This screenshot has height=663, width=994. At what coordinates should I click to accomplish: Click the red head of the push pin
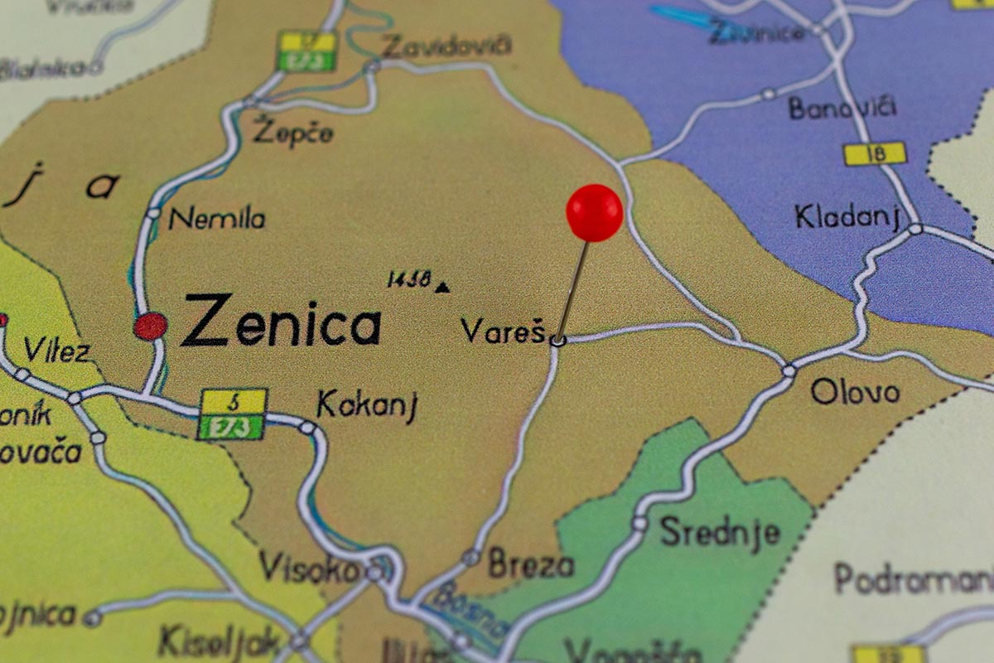tap(594, 212)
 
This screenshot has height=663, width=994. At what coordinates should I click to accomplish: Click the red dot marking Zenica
tap(150, 326)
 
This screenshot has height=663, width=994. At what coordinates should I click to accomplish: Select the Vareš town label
tap(503, 331)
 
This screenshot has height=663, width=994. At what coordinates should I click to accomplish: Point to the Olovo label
tap(855, 391)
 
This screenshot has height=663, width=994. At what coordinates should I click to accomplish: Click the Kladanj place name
tap(847, 217)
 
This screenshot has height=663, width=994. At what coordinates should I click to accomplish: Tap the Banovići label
tap(842, 108)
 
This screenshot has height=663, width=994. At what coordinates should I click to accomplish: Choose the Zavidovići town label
tap(446, 46)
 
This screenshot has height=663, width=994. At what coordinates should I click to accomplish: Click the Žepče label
tap(293, 133)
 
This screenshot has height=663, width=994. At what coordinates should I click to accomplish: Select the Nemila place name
tap(217, 219)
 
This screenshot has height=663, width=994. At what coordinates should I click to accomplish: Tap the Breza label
tap(530, 564)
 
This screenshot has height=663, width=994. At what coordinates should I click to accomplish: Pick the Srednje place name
tap(720, 531)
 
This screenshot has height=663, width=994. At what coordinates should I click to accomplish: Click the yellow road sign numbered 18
tap(875, 153)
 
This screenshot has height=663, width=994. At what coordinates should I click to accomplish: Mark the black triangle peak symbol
tap(443, 288)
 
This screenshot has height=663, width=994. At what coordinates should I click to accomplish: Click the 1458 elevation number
tap(409, 280)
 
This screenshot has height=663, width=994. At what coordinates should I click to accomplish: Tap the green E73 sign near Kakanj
tap(231, 427)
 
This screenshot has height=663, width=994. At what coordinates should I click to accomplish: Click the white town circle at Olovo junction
tap(789, 370)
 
